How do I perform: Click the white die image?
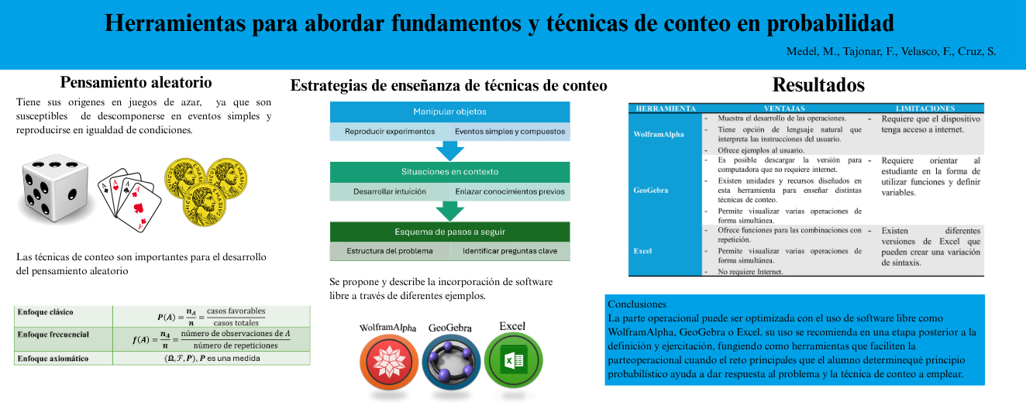tap(56, 191)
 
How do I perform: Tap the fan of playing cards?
tap(129, 199)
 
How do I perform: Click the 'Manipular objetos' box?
tap(449, 112)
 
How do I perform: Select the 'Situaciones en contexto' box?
tap(449, 171)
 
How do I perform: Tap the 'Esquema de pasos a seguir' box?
tap(449, 232)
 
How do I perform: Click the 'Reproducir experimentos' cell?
tap(390, 132)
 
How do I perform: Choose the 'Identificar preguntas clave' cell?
tap(510, 251)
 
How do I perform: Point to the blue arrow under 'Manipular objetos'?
tap(449, 150)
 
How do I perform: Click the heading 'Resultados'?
tap(818, 84)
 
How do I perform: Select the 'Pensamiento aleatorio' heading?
tap(136, 82)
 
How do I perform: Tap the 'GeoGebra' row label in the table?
tap(651, 189)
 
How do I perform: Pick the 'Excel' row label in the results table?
tap(642, 251)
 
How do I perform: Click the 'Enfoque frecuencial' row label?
tap(53, 335)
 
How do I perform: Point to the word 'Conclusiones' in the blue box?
tap(637, 304)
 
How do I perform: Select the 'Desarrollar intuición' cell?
tap(390, 191)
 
